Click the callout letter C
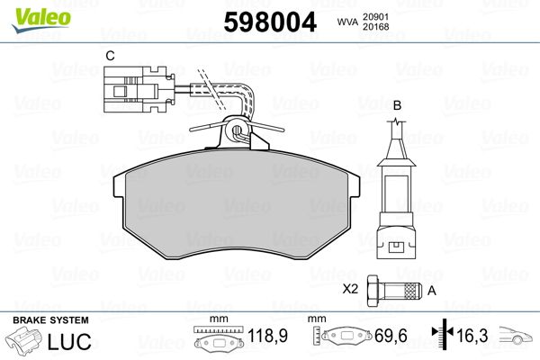pos(110,56)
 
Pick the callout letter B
pos(397,105)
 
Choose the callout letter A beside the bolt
pos(430,290)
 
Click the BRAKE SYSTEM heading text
pos(50,320)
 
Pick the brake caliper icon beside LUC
pos(26,343)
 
